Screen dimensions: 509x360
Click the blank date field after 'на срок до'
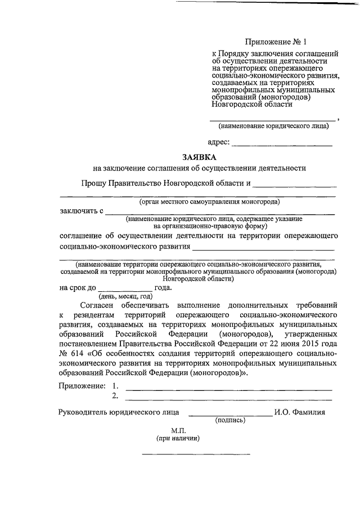pos(125,288)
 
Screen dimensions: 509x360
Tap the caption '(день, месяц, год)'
pos(125,296)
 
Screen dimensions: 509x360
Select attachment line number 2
pos(228,398)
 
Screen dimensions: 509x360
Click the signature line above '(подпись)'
pos(229,415)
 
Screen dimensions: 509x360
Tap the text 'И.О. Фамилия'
pos(300,412)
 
